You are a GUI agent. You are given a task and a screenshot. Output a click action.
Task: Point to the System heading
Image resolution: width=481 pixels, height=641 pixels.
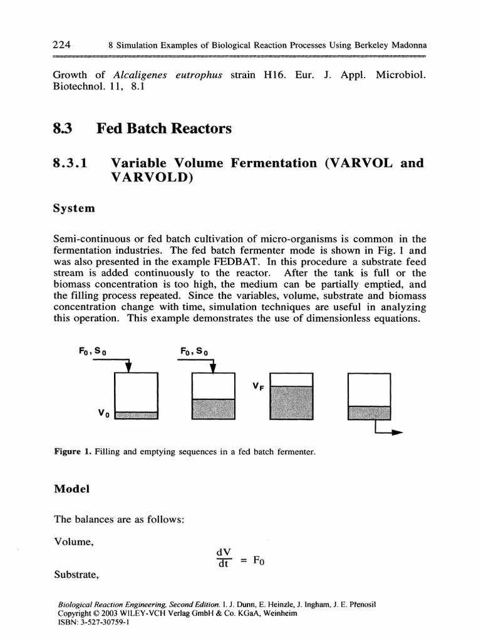click(75, 208)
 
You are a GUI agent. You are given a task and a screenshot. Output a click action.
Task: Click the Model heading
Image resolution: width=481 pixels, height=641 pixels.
click(71, 490)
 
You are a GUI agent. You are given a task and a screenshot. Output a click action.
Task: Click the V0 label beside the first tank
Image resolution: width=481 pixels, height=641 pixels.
click(103, 414)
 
